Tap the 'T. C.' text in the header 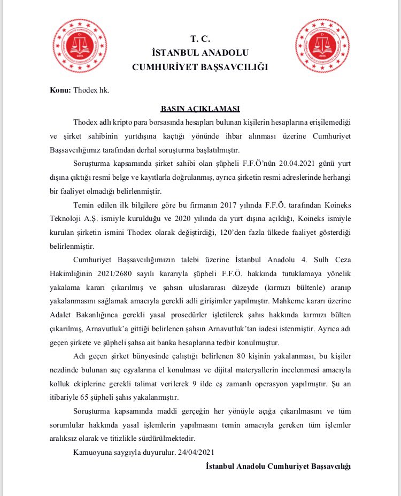[200, 39]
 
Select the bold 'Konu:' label [60, 90]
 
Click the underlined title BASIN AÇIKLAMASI [200, 108]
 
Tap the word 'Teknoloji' [66, 219]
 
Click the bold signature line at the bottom [278, 467]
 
